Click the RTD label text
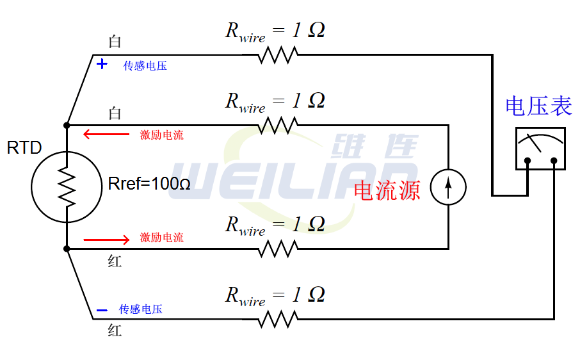[x=24, y=148]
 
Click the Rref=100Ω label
[x=149, y=184]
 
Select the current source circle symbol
[x=447, y=187]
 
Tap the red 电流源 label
[x=387, y=190]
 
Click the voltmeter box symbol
[x=540, y=148]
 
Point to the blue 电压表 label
[x=538, y=106]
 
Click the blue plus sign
[x=102, y=65]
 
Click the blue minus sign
[x=102, y=311]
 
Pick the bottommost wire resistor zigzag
[x=278, y=318]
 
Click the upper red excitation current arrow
[x=106, y=135]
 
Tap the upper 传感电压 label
[x=145, y=66]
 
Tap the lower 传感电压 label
[x=141, y=309]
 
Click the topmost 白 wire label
[x=115, y=42]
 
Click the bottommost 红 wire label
[x=115, y=331]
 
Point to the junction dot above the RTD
[x=67, y=124]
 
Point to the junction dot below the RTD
[x=67, y=249]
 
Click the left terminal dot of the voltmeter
[x=527, y=161]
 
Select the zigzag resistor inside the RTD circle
[x=67, y=186]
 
